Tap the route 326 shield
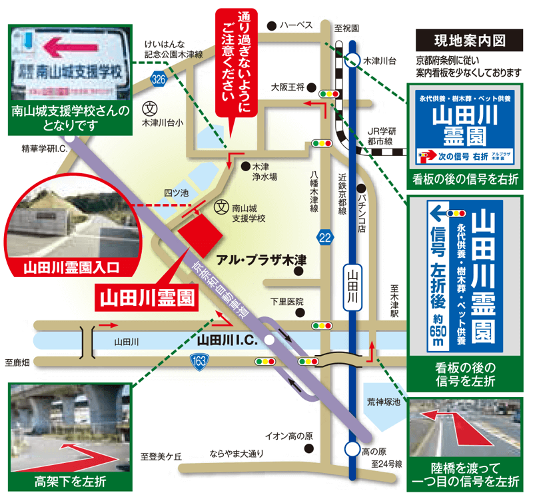coord(158,79)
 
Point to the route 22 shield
coord(324,238)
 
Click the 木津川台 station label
coord(378,61)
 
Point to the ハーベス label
coord(296,25)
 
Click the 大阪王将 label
coord(288,87)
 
